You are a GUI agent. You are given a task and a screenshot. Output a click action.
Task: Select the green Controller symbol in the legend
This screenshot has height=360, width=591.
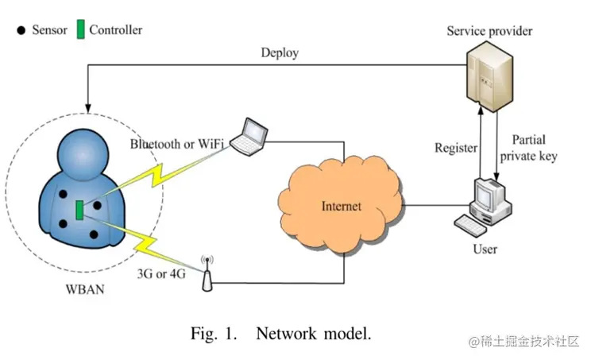80,30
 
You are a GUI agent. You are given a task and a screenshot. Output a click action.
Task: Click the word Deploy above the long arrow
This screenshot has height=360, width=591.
280,53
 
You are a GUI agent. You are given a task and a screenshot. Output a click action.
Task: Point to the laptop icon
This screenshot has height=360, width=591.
253,134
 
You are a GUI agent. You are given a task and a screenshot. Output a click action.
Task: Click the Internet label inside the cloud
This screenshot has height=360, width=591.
341,207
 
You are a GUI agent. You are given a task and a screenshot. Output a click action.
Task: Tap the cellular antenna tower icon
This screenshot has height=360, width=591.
207,273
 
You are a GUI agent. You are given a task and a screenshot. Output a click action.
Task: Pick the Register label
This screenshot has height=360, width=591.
456,148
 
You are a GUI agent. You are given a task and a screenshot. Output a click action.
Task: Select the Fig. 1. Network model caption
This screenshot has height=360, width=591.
280,333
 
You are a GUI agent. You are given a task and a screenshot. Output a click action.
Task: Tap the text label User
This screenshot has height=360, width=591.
485,249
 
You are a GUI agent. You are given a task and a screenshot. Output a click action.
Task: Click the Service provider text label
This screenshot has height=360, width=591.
489,31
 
